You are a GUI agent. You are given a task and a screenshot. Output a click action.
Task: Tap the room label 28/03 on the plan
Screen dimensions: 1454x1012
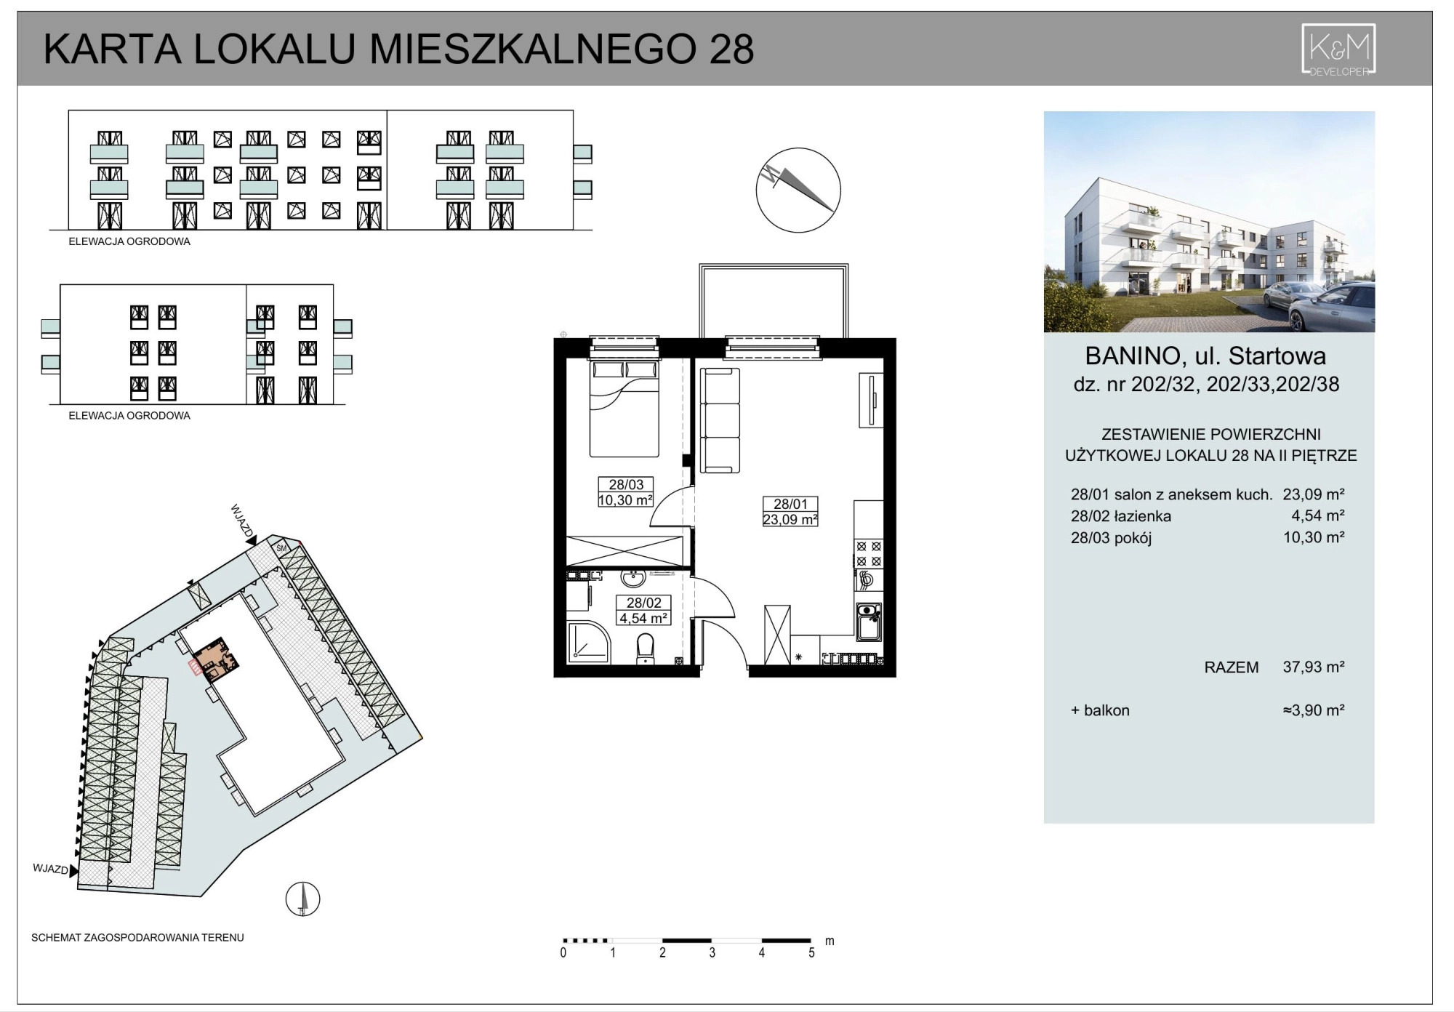click(626, 484)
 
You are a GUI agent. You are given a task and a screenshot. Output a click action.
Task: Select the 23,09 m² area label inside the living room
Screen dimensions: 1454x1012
click(790, 519)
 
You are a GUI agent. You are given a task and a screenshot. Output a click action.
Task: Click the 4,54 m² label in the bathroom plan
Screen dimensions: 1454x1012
click(643, 618)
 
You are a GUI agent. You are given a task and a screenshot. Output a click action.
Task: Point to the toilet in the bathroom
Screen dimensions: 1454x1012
click(645, 649)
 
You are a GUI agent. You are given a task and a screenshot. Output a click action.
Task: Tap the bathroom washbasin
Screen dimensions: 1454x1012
click(633, 579)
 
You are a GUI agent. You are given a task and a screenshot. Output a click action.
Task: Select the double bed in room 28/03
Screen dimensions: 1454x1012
click(624, 409)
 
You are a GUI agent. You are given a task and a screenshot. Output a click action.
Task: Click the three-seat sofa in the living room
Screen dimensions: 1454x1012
click(720, 419)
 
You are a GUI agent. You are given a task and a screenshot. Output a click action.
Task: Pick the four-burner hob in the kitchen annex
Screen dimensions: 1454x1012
click(868, 554)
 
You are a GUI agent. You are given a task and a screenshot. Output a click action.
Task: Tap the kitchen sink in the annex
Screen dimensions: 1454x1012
click(869, 622)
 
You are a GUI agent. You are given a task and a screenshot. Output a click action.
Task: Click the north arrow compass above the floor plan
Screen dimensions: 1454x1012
click(798, 190)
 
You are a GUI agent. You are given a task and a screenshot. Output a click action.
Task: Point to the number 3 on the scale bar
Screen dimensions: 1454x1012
click(712, 952)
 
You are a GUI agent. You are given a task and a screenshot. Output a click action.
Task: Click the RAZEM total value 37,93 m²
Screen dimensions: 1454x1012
click(1313, 667)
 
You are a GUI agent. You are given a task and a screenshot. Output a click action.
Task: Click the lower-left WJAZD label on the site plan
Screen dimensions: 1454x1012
click(50, 869)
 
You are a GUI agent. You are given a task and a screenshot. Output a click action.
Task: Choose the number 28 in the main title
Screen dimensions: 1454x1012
click(731, 49)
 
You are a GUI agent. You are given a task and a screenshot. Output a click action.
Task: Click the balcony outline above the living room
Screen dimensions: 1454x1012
click(774, 265)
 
